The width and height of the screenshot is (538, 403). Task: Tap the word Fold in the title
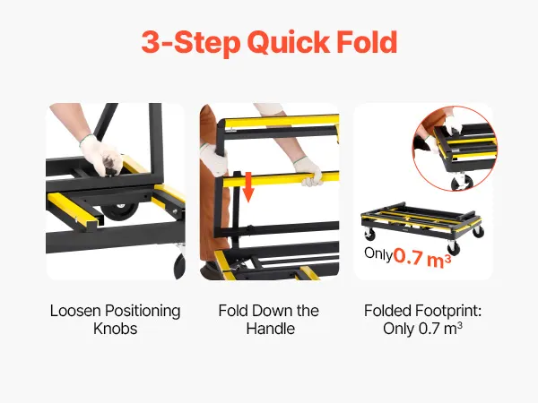[367, 42]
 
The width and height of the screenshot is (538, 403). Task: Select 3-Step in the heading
[191, 42]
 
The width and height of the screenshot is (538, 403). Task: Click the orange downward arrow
[248, 187]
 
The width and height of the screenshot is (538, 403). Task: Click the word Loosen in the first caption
[75, 311]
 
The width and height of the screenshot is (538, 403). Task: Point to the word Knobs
[116, 329]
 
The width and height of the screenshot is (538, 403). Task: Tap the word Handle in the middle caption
[271, 329]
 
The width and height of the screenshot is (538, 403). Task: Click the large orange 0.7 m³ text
[422, 258]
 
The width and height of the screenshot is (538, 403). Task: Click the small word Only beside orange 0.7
[378, 254]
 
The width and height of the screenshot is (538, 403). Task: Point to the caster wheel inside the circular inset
[462, 183]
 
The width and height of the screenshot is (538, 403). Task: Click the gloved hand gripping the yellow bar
[308, 171]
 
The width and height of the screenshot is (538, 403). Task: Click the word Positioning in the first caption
[143, 311]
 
